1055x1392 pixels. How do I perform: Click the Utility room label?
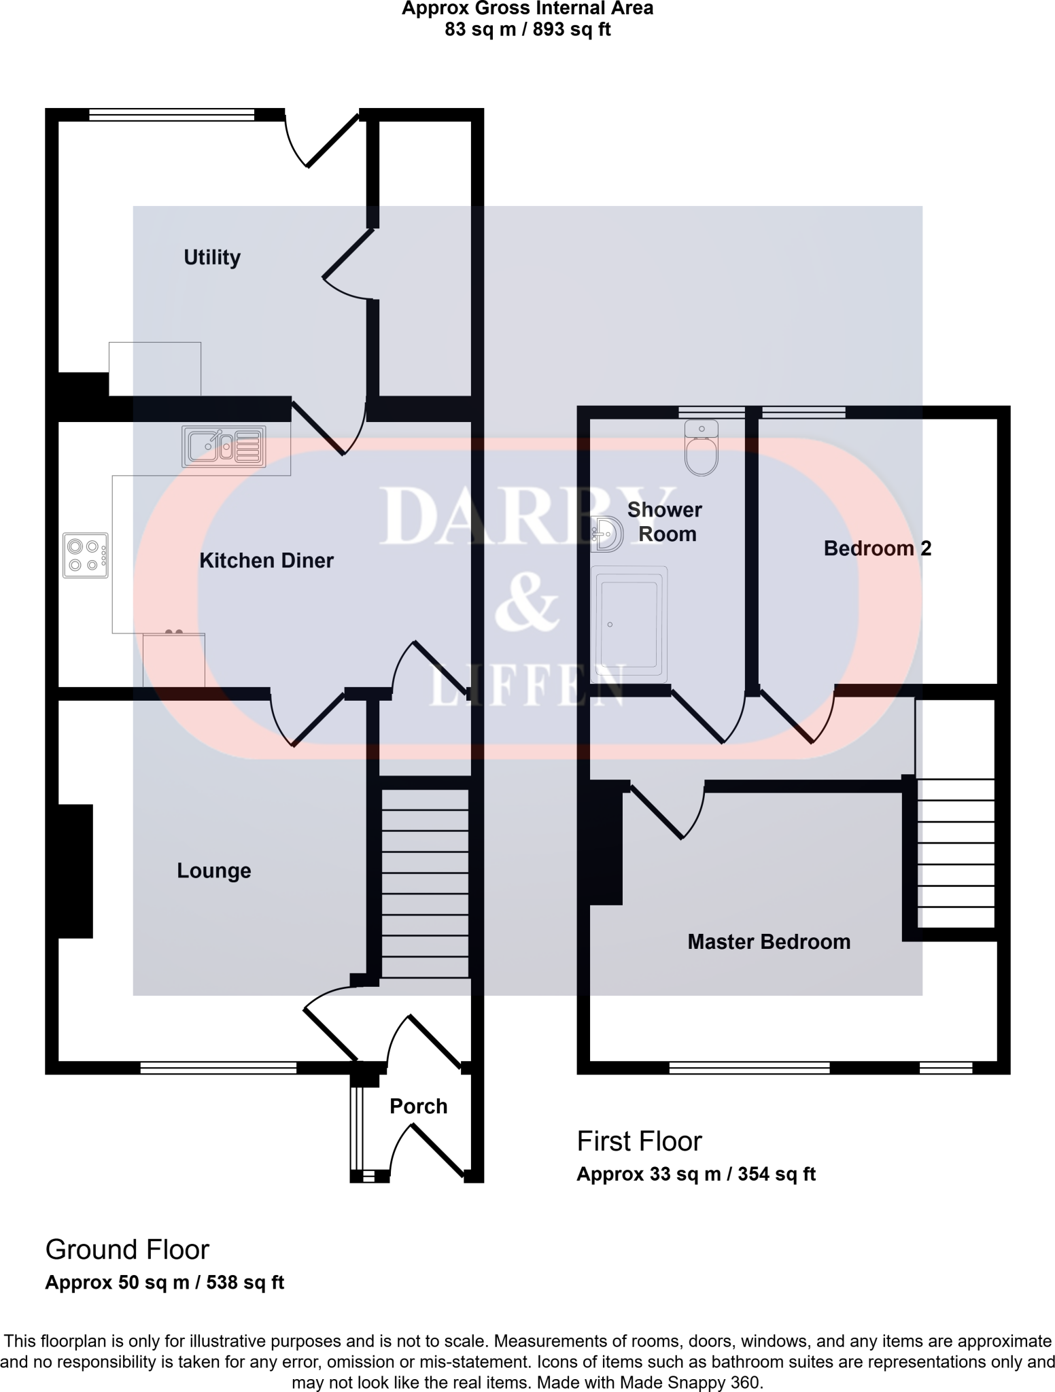tap(212, 258)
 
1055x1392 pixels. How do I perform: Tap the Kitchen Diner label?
tap(266, 561)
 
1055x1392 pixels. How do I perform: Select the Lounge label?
tap(214, 871)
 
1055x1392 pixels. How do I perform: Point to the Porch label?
tap(418, 1107)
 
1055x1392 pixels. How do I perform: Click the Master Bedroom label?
tap(769, 941)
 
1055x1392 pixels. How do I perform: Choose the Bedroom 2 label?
tap(877, 549)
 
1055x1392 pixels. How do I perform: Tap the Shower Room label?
tap(665, 522)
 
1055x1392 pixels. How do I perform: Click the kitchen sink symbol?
tap(224, 447)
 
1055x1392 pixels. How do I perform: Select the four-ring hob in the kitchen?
tap(86, 555)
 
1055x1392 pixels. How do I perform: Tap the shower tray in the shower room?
tap(628, 624)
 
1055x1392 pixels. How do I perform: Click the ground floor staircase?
tap(425, 884)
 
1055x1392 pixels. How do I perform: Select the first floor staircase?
tap(956, 853)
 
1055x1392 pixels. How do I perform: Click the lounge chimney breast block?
tap(75, 871)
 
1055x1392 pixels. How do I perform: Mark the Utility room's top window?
tap(171, 115)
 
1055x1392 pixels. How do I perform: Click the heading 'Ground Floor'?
tap(127, 1249)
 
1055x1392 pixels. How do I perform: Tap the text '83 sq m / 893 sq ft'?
tap(527, 30)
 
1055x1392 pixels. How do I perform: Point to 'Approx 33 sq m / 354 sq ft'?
tap(695, 1174)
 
